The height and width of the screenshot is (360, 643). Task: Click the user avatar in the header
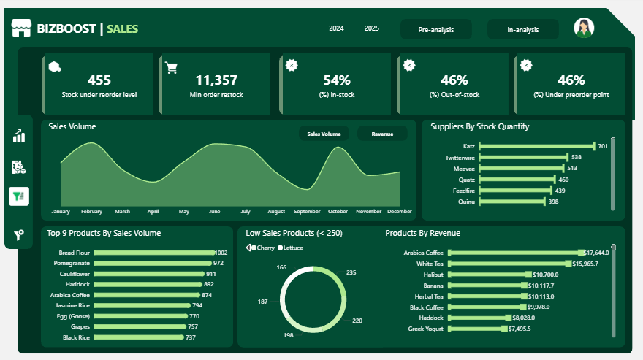[584, 28]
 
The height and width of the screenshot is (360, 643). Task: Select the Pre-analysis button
[435, 29]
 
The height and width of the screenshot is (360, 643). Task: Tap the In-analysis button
[522, 29]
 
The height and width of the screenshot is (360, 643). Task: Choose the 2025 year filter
[371, 28]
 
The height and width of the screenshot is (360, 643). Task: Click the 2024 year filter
[336, 28]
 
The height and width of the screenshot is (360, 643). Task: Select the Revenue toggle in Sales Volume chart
[382, 134]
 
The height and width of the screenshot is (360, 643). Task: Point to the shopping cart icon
[172, 67]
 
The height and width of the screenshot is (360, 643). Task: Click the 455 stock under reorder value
[99, 80]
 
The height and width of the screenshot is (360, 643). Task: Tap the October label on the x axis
[338, 212]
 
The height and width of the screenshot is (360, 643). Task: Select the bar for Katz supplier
[536, 146]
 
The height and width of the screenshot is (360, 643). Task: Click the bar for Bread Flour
[153, 252]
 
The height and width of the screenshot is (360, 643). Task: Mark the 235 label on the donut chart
[351, 272]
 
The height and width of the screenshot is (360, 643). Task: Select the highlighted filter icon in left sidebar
[18, 196]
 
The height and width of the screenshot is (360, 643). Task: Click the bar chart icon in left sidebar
[18, 136]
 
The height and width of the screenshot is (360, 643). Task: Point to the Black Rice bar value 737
[190, 338]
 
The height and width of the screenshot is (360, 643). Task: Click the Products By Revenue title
[422, 234]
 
